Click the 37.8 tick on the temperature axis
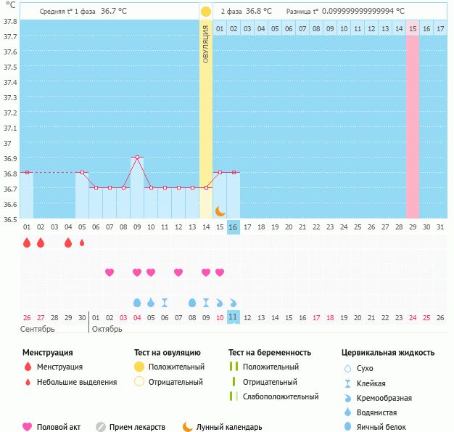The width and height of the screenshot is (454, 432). pos(10,21)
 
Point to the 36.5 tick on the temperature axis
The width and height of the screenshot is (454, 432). pos(10,220)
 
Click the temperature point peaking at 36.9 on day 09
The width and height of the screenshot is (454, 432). pos(137,158)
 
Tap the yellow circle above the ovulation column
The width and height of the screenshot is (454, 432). pos(206,12)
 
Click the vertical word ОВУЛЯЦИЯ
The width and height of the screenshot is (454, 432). pos(206,44)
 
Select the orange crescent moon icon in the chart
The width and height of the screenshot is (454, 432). pos(220,211)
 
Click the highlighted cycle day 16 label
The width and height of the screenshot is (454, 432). pos(234,227)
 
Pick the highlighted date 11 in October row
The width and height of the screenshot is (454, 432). pos(234,317)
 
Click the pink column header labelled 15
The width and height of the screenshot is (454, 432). pos(413,28)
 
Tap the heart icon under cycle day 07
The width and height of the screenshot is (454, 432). pos(110,272)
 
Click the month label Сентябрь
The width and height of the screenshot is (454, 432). pos(38,329)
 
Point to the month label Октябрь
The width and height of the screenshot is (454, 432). pos(109,329)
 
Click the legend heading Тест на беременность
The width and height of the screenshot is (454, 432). pos(269,353)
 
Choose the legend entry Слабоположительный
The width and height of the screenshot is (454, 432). pos(281,396)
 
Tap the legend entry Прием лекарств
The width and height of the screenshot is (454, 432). pos(137,427)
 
